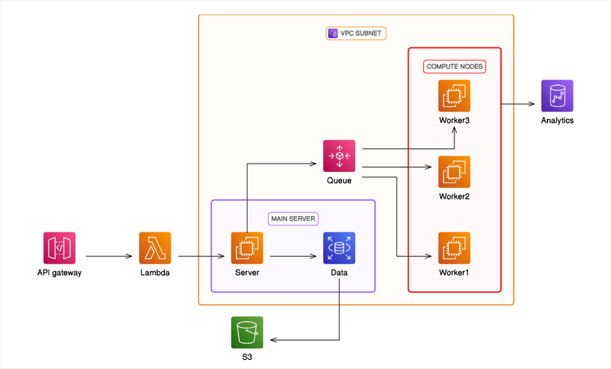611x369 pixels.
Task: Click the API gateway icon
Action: coord(59,248)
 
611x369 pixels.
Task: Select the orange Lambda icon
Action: coord(155,248)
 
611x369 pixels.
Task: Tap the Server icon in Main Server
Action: coord(247,248)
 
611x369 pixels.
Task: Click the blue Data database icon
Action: coord(339,248)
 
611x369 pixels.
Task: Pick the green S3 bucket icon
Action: coord(247,332)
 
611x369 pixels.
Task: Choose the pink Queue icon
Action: coord(339,156)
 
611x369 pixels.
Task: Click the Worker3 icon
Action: coord(454,95)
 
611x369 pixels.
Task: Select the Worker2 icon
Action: coord(454,172)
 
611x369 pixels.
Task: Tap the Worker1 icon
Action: coord(454,248)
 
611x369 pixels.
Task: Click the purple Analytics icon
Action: coord(557,95)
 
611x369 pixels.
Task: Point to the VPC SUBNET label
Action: coord(362,34)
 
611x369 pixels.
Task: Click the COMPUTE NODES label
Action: coord(455,66)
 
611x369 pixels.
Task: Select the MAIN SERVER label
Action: coord(293,218)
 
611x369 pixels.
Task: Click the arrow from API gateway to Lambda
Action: coord(107,256)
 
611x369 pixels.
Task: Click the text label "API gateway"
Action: coord(59,273)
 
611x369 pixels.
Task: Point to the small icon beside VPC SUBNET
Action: coord(332,34)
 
